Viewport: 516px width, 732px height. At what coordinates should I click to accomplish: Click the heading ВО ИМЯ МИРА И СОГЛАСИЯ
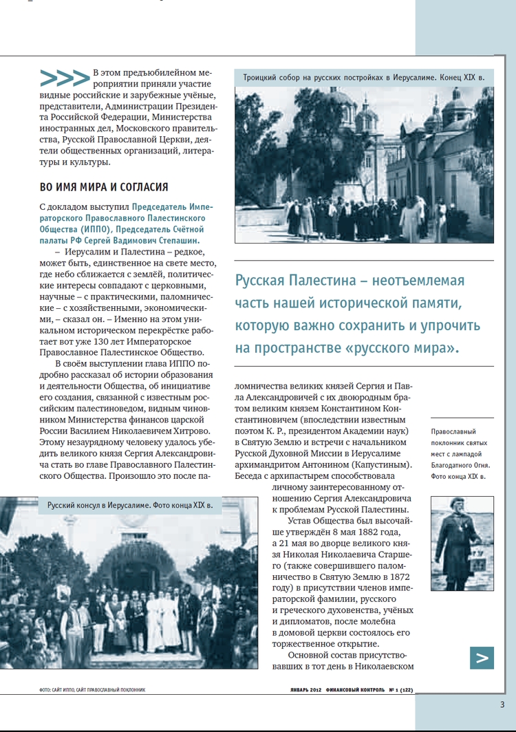[104, 186]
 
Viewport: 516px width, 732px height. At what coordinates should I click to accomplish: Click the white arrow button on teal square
[482, 658]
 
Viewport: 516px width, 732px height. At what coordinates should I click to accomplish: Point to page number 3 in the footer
[502, 704]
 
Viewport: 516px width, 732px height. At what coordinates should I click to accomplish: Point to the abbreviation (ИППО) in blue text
[103, 229]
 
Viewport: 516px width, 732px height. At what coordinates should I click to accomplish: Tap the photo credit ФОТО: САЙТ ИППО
[55, 689]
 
